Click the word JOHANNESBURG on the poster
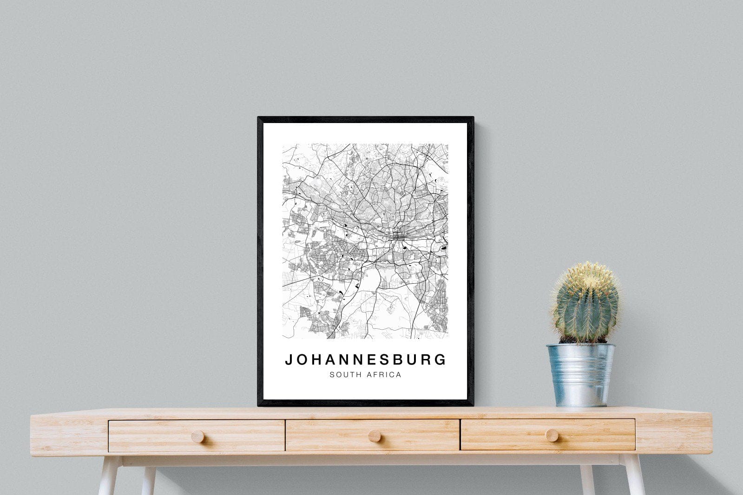pos(365,360)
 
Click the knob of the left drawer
pos(197,436)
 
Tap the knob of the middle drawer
pos(374,436)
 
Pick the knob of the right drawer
pos(552,435)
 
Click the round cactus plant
pos(585,304)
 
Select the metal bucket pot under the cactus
pos(581,374)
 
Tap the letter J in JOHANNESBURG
pos(289,360)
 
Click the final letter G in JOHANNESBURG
pos(441,360)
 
